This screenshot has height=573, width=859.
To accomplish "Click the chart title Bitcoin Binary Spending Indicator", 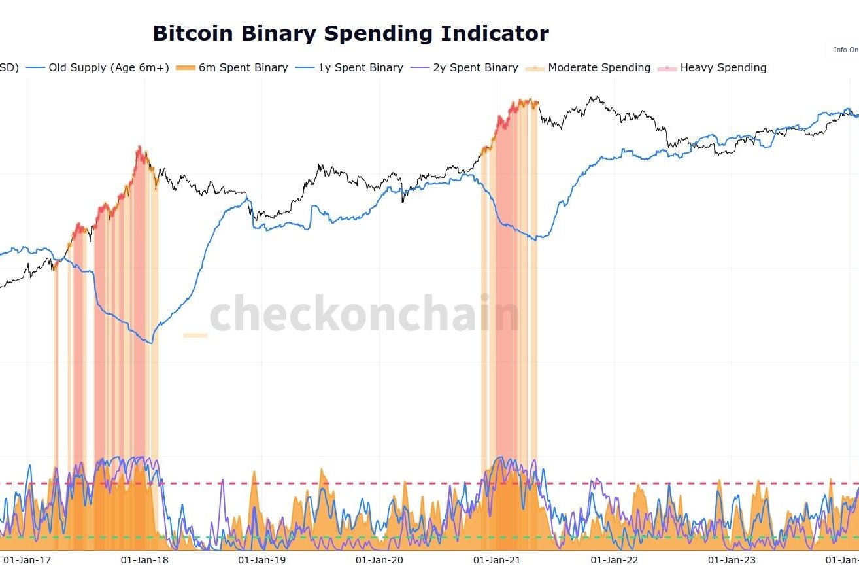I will pos(350,33).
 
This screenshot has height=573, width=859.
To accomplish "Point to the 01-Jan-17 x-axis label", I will pos(27,560).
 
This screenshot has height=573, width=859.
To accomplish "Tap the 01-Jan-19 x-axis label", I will pos(262,560).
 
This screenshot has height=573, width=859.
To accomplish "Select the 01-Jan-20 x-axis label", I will pos(380,560).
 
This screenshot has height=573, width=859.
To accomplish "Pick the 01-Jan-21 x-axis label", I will pos(497,560).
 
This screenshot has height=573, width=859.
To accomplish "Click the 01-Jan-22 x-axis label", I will pos(615,560).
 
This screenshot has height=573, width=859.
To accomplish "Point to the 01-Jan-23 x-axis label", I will pos(732,560).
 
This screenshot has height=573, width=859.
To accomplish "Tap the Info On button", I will pos(844,50).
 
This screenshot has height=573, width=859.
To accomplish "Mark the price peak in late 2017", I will pos(139,147).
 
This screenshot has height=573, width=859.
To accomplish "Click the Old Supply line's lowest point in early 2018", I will pos(152,343).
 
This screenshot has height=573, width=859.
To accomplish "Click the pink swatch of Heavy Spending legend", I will pos(667,67).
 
